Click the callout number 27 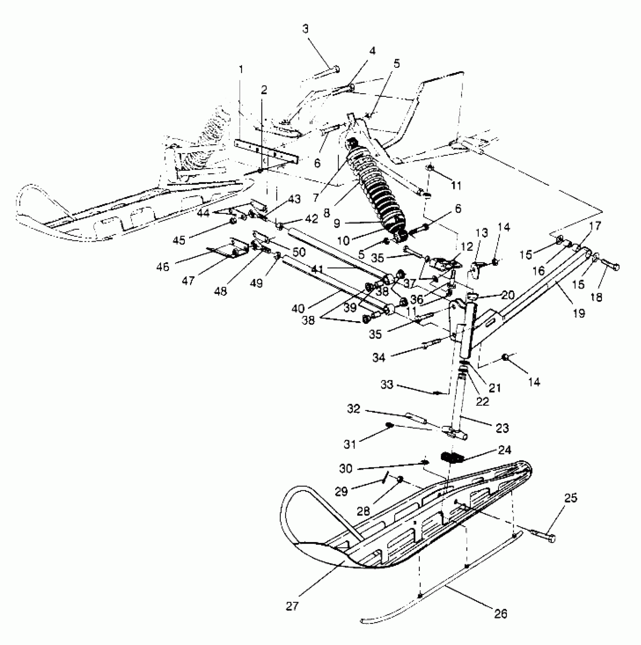tap(293, 606)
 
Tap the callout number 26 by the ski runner tap(500, 613)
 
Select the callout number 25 tap(571, 498)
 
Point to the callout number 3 tap(306, 29)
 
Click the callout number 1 tap(241, 70)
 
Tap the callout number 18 tap(596, 297)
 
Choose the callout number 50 tap(299, 252)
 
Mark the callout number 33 tap(387, 385)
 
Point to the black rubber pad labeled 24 tap(452, 457)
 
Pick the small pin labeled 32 tap(414, 418)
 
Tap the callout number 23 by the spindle tap(502, 428)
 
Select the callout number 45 tap(179, 240)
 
